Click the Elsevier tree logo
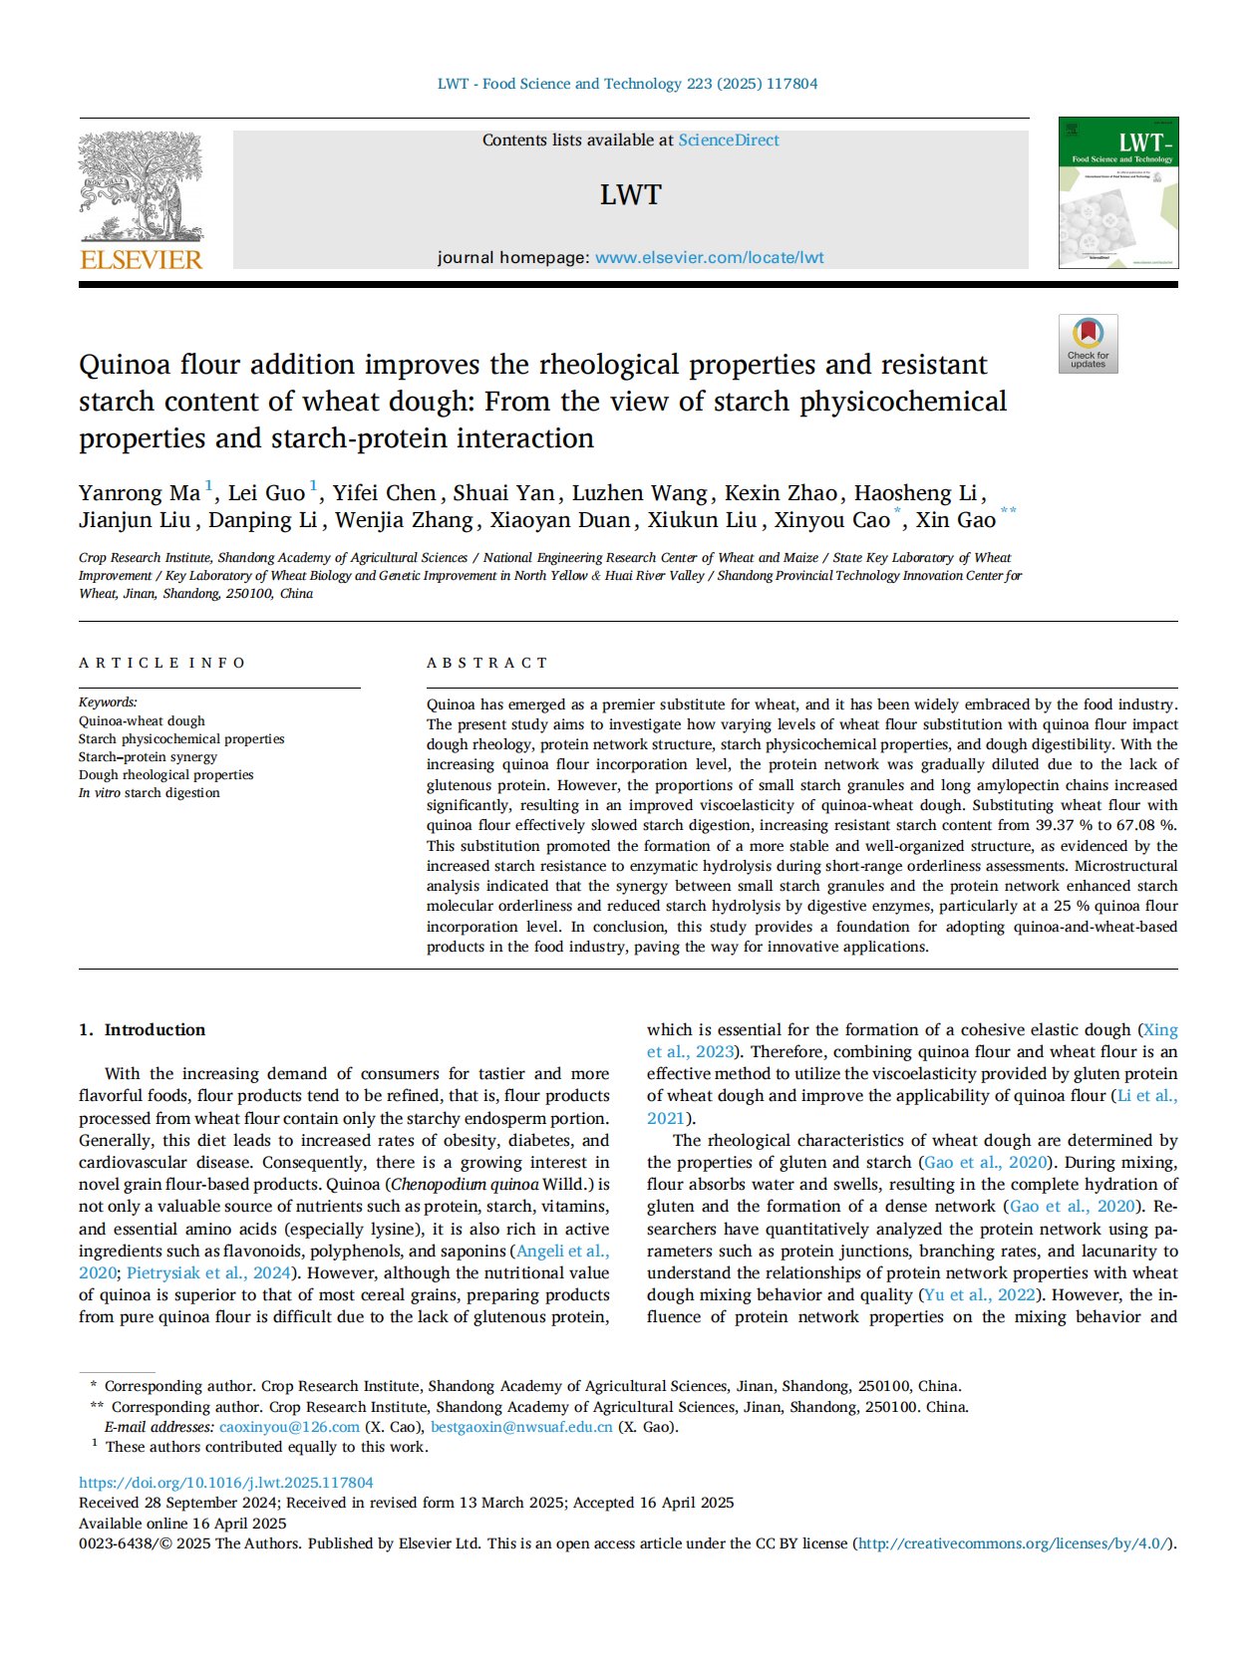click(x=141, y=187)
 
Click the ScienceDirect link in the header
click(x=729, y=140)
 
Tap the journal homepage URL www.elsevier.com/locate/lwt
click(x=709, y=257)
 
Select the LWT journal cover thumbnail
click(x=1117, y=192)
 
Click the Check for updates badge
click(x=1088, y=344)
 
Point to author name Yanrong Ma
click(x=140, y=493)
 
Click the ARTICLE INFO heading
click(x=161, y=663)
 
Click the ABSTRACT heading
click(x=486, y=663)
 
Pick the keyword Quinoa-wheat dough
click(x=142, y=720)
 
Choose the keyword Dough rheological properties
click(x=165, y=774)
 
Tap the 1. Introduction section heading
click(x=142, y=1029)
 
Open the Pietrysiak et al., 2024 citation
click(x=208, y=1272)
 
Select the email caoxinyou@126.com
click(x=289, y=1427)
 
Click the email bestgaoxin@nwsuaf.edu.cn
click(x=521, y=1427)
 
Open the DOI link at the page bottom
click(x=226, y=1483)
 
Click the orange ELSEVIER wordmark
click(x=141, y=260)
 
